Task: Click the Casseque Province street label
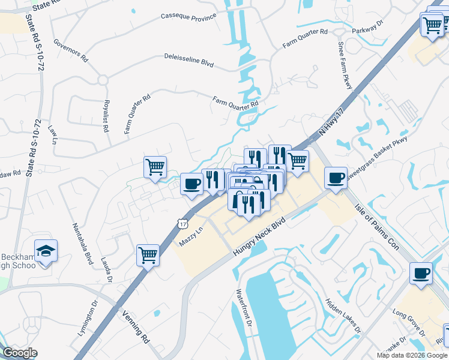click(188, 17)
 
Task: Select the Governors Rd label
click(70, 51)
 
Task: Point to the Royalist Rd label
click(106, 115)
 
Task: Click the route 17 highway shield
click(182, 224)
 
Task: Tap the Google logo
click(19, 353)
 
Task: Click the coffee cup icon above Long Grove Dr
click(421, 274)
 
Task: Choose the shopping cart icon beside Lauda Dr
click(148, 256)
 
